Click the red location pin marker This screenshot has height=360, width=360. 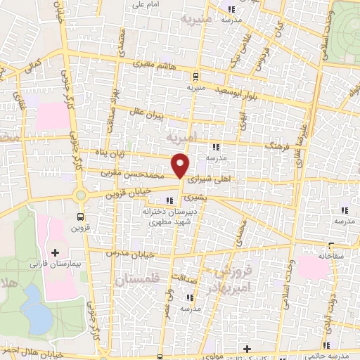pos(181,165)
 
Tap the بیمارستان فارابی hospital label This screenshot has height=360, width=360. pos(53,265)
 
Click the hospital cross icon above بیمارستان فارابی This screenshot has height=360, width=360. pos(55,252)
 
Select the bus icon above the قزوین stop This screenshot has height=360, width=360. pos(80,217)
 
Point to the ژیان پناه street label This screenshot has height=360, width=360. pos(115,153)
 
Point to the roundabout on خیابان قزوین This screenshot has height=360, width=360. pos(81,195)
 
